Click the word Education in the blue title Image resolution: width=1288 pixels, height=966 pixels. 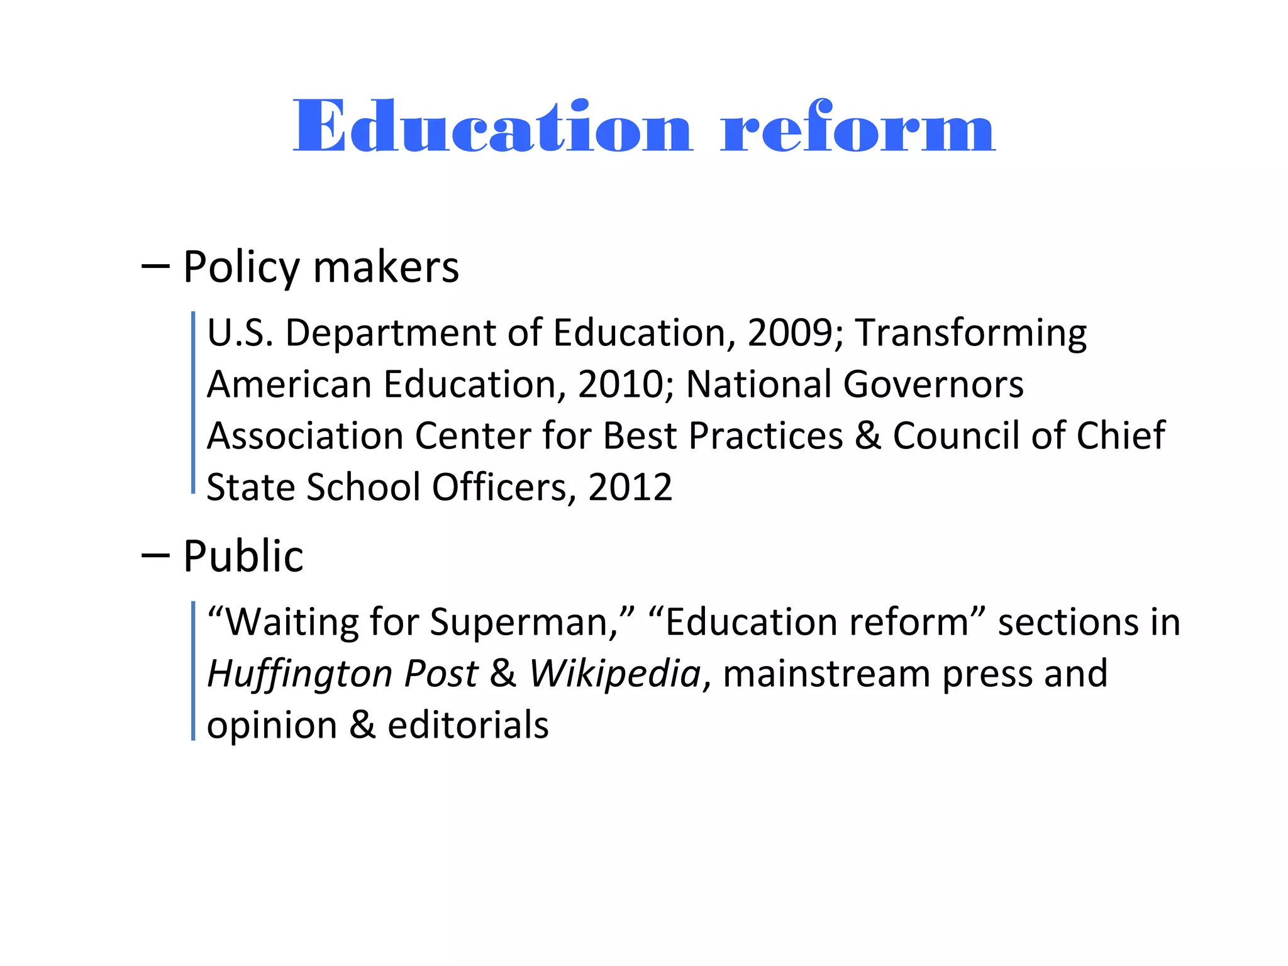pyautogui.click(x=492, y=127)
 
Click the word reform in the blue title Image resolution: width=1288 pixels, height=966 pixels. pyautogui.click(x=858, y=127)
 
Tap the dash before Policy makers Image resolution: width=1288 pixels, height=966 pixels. pyautogui.click(x=155, y=267)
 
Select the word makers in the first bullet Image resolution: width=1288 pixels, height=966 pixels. pyautogui.click(x=386, y=268)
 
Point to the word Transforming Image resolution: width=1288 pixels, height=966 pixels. pyautogui.click(x=970, y=334)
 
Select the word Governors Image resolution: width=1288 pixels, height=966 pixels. pyautogui.click(x=933, y=384)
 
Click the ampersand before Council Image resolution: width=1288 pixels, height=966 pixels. pyautogui.click(x=868, y=436)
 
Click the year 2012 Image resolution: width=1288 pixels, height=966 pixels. pyautogui.click(x=630, y=487)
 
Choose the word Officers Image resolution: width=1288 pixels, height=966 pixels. pyautogui.click(x=499, y=487)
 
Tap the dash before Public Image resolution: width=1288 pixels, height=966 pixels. pyautogui.click(x=155, y=555)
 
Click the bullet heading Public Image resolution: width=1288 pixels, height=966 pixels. pyautogui.click(x=243, y=557)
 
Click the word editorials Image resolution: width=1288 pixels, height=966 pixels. pyautogui.click(x=468, y=725)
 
